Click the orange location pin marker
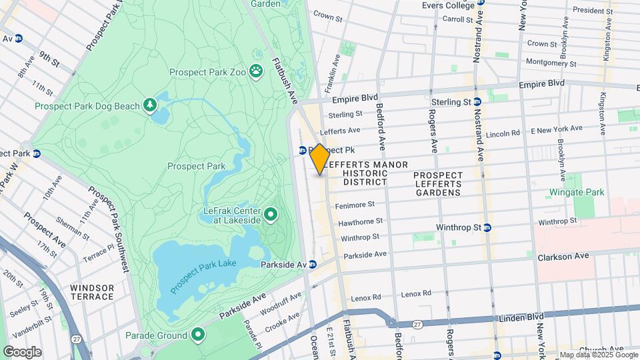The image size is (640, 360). (319, 159)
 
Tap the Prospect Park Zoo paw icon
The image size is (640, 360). (256, 71)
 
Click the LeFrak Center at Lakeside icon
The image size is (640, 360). (271, 215)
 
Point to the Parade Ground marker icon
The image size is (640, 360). (197, 334)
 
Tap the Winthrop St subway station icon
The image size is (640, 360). (487, 227)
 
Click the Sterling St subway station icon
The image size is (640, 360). (477, 102)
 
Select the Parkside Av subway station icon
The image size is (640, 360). (311, 265)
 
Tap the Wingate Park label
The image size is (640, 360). (576, 193)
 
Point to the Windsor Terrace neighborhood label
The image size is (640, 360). (92, 293)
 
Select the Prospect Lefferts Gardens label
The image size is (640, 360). (437, 184)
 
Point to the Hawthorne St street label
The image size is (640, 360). (361, 221)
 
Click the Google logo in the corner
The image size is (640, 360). (22, 352)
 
